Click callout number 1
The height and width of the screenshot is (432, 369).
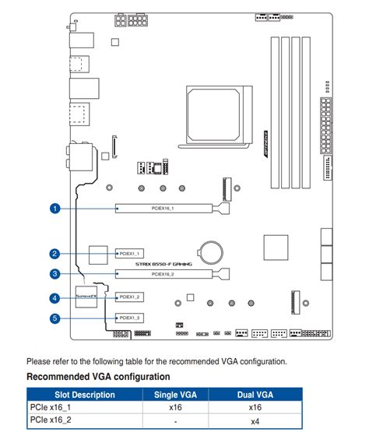[54, 209]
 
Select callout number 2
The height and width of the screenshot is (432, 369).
[54, 254]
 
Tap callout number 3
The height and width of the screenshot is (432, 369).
[54, 274]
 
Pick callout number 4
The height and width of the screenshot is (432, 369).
[54, 298]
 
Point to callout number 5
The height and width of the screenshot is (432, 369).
[54, 318]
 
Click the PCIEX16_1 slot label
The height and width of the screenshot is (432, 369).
[163, 209]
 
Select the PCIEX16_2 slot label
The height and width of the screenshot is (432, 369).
[163, 274]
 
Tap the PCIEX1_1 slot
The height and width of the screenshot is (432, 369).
[128, 254]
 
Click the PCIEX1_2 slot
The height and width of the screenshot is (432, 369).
[128, 297]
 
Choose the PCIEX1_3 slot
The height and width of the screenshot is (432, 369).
[128, 318]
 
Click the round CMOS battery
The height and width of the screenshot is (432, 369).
[211, 250]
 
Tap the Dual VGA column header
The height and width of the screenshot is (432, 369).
[255, 394]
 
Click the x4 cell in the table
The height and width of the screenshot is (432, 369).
[255, 421]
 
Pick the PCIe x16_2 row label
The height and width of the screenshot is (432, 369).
[51, 421]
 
